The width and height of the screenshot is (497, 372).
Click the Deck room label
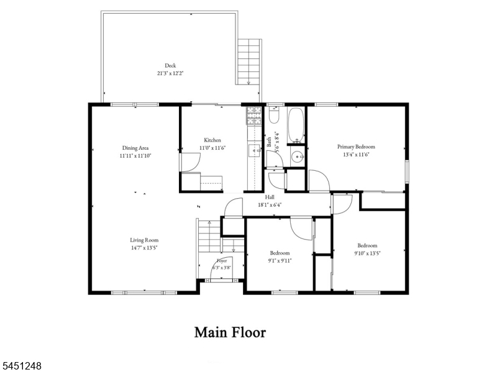tap(170, 66)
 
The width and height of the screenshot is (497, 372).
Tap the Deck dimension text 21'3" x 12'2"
tap(170, 73)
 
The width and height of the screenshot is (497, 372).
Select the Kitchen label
tap(212, 140)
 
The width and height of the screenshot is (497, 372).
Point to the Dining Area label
tap(135, 148)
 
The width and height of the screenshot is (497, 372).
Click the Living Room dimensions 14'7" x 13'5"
tap(144, 248)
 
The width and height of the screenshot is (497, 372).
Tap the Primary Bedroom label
tap(356, 147)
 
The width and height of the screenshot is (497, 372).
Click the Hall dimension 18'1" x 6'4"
tap(270, 205)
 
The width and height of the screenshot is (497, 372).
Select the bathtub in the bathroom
tap(296, 125)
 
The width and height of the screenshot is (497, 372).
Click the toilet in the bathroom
tap(273, 115)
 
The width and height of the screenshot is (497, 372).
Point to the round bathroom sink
tap(298, 157)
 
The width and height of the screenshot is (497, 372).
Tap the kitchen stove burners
tap(254, 116)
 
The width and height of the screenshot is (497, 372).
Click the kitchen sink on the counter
tap(255, 151)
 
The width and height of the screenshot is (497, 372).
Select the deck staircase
tap(249, 61)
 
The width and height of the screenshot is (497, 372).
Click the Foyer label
tap(222, 261)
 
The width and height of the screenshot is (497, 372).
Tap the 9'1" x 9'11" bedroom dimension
tap(280, 261)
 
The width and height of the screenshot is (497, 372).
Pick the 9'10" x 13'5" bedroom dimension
tap(367, 253)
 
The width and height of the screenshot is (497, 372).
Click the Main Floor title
tap(230, 332)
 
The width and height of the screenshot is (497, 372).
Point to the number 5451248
tap(21, 366)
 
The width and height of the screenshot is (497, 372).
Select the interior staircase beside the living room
tap(209, 237)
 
